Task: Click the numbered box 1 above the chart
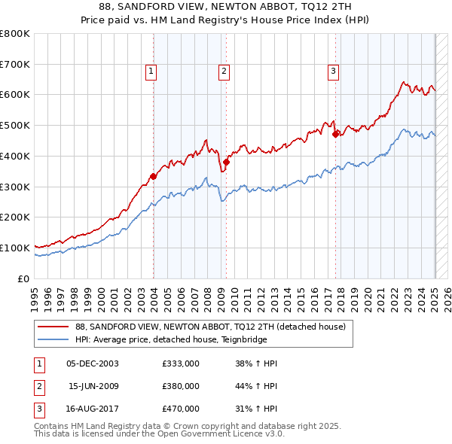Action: (151, 71)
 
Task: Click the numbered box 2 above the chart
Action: (224, 71)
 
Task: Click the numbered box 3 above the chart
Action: (333, 71)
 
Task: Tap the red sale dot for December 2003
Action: (153, 176)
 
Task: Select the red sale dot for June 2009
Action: (226, 162)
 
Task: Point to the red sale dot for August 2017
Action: (336, 134)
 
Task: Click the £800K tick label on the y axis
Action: (15, 34)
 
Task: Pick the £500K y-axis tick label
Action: (15, 126)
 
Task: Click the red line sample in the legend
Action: (53, 327)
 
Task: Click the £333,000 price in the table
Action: (181, 363)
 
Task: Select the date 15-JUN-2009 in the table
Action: (93, 386)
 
